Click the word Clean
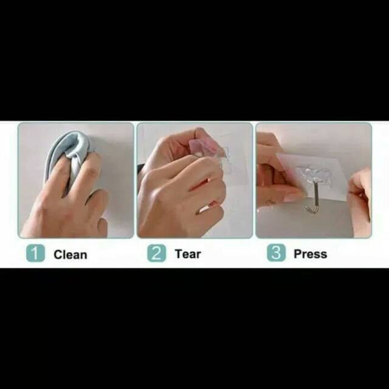[71, 255]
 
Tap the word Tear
[188, 254]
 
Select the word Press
[311, 254]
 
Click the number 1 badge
[35, 253]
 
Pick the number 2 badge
[157, 253]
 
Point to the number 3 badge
[276, 253]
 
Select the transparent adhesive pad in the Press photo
[314, 175]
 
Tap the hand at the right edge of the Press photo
[360, 201]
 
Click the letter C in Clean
[58, 255]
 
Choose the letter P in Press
[298, 254]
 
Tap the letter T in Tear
[179, 254]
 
